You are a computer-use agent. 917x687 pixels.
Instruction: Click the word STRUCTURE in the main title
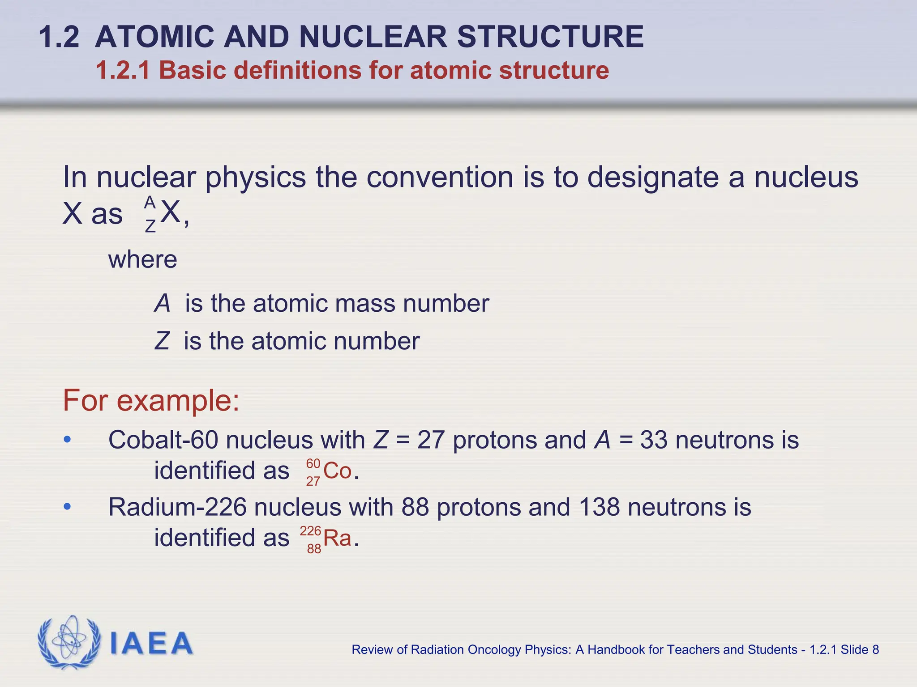[550, 37]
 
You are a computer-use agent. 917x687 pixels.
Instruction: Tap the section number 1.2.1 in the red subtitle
[123, 71]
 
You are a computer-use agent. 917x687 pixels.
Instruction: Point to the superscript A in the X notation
[150, 202]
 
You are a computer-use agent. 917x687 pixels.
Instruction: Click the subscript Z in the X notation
[150, 226]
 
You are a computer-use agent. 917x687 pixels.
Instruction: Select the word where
[142, 259]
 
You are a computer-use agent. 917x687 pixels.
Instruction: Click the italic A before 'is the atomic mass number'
[162, 304]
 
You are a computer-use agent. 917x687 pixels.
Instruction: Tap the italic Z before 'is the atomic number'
[162, 341]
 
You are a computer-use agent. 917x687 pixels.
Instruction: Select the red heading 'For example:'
[151, 400]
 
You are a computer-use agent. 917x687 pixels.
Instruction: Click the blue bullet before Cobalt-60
[67, 440]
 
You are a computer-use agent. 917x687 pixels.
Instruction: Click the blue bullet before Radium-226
[67, 507]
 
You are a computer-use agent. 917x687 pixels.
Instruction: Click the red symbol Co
[337, 471]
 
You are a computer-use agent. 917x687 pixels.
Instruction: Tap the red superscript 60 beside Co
[313, 463]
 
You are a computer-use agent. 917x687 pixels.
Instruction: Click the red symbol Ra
[337, 538]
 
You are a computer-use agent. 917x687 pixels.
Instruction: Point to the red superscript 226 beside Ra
[310, 531]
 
